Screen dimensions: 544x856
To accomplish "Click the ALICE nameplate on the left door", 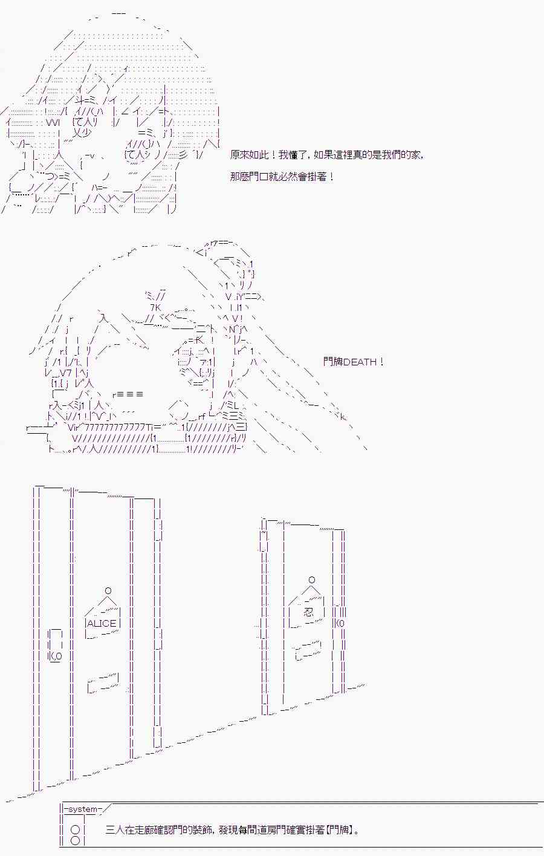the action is pos(102,623).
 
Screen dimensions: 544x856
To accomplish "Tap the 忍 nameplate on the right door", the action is pos(309,612).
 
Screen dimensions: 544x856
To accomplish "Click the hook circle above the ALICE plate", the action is pos(108,590).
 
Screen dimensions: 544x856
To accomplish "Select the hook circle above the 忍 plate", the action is pos(312,580).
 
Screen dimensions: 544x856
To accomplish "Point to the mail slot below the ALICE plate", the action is pos(103,682).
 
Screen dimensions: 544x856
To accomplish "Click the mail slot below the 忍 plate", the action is pos(307,651).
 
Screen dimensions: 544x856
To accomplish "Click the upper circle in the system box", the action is pos(75,830).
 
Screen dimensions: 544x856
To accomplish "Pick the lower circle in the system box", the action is pos(75,841).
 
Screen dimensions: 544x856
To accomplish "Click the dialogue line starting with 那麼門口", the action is pos(282,177).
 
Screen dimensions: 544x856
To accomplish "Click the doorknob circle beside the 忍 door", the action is pos(341,622).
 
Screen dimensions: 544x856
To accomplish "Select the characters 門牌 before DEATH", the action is pos(332,362).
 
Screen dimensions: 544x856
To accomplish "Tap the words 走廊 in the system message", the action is pos(147,830).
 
